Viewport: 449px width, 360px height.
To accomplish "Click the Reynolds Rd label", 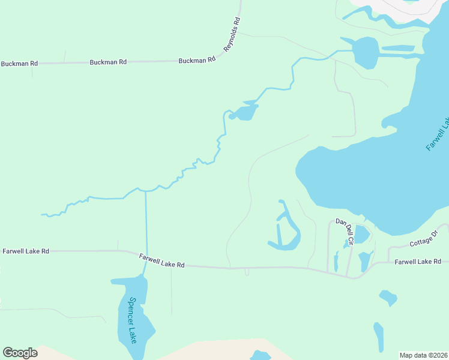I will pyautogui.click(x=232, y=34).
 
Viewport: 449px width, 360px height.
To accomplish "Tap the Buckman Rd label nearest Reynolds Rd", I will pyautogui.click(x=197, y=61).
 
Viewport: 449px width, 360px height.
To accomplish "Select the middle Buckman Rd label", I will pyautogui.click(x=108, y=62).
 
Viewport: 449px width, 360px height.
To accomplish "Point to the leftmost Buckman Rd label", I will pyautogui.click(x=19, y=64).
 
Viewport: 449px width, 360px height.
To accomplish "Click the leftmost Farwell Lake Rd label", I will pyautogui.click(x=26, y=251).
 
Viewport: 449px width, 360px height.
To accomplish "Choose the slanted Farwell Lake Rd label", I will pyautogui.click(x=161, y=260).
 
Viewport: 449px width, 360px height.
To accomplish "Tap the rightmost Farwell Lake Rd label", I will pyautogui.click(x=418, y=262).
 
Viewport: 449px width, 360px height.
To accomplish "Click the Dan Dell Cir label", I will pyautogui.click(x=345, y=230).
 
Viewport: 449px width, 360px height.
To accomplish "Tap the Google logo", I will pyautogui.click(x=20, y=353).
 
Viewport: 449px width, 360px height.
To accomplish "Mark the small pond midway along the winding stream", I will pyautogui.click(x=245, y=112).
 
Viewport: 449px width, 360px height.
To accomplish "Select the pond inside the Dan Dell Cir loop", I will pyautogui.click(x=361, y=235).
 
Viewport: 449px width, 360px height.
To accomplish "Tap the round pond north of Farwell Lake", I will pyautogui.click(x=366, y=53).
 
